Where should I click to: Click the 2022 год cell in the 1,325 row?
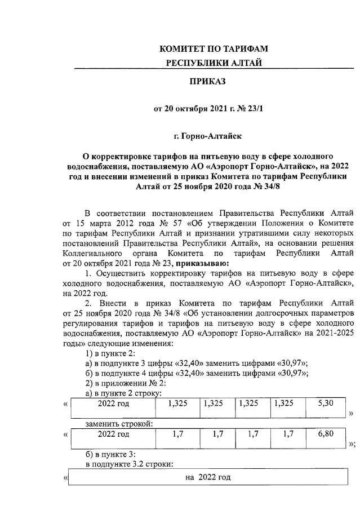113,403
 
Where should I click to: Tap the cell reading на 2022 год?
208,477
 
